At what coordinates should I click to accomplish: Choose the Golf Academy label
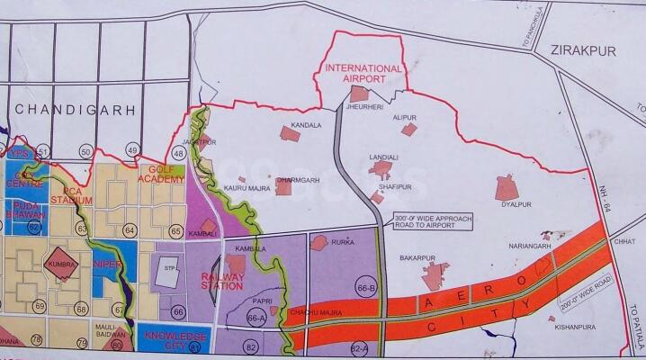(162, 175)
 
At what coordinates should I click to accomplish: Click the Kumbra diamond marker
(64, 265)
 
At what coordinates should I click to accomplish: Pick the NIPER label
(107, 265)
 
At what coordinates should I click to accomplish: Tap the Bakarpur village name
(417, 258)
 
